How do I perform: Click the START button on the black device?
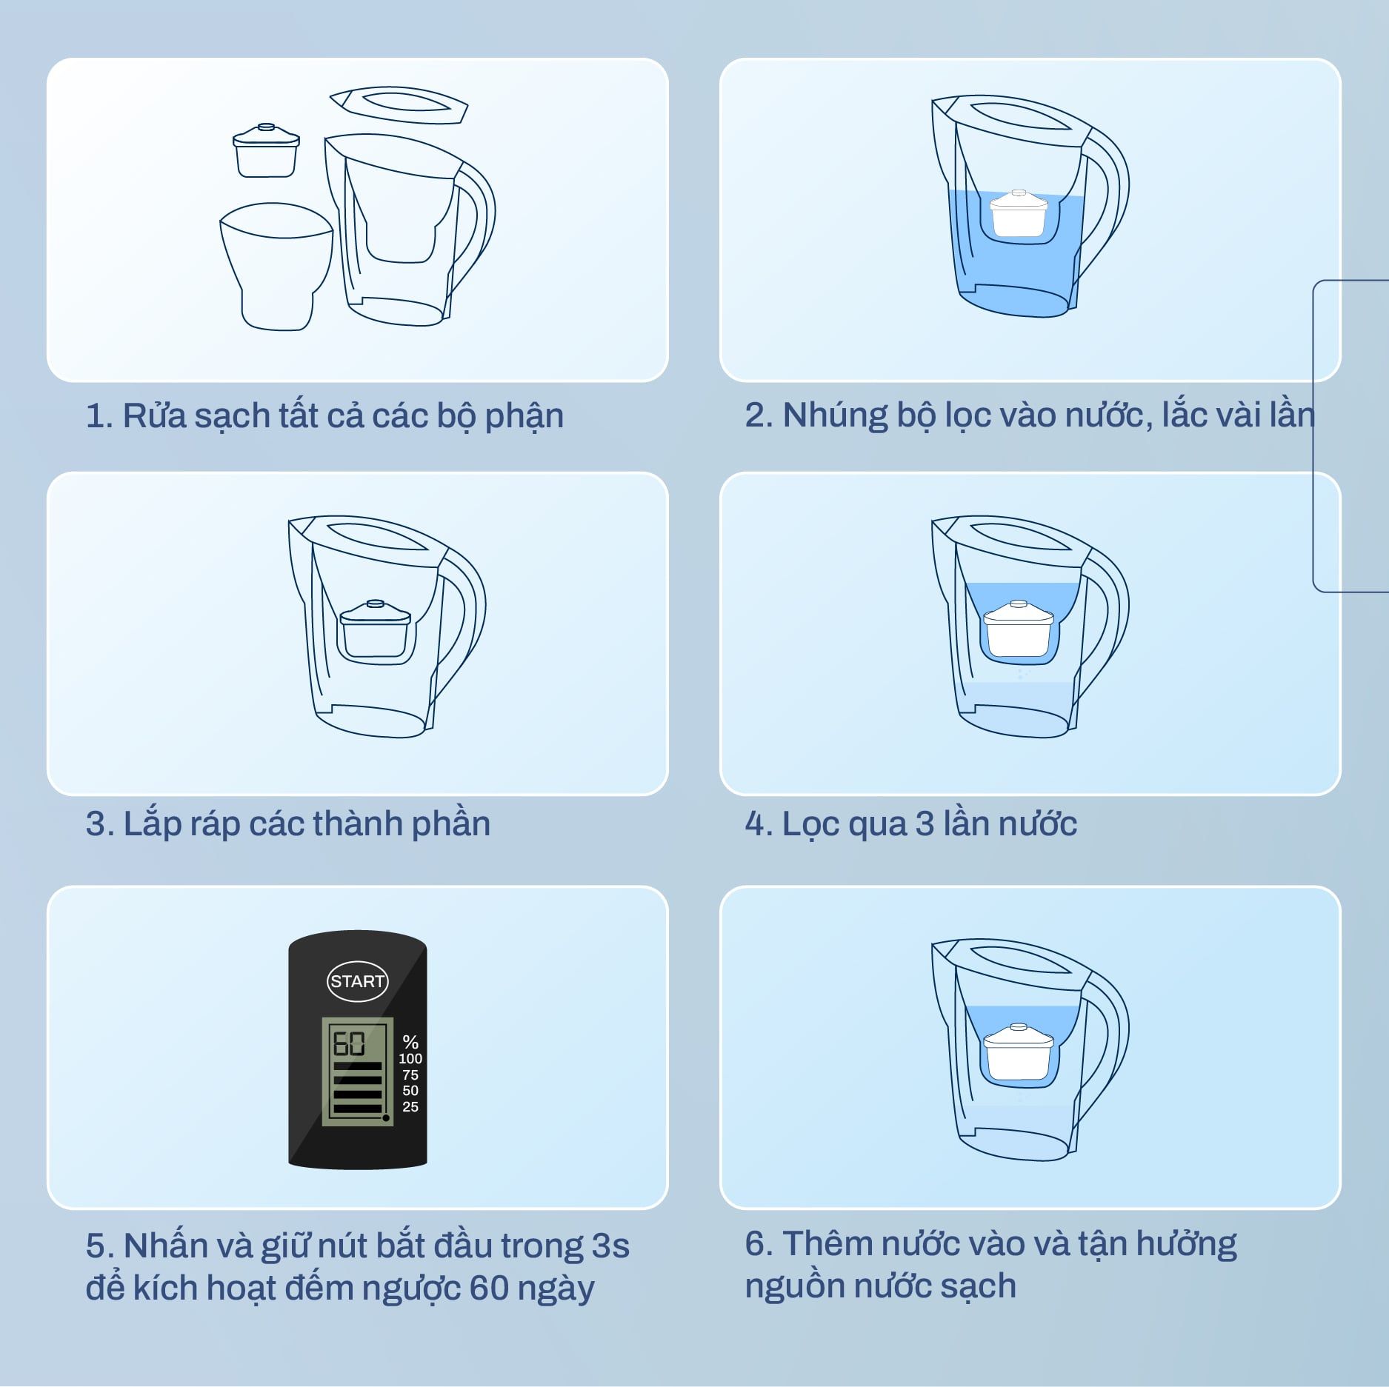point(357,981)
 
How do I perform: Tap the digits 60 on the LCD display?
point(349,1043)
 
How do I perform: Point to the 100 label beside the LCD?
point(410,1059)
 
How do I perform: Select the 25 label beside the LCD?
point(410,1106)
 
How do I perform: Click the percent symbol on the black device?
point(410,1043)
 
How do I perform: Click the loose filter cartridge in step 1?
point(266,150)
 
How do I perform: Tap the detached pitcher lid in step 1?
point(399,105)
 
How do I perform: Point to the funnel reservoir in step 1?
point(276,267)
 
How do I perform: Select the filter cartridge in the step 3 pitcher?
point(375,629)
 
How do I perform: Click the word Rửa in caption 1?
point(153,415)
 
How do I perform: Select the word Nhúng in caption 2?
point(835,415)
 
